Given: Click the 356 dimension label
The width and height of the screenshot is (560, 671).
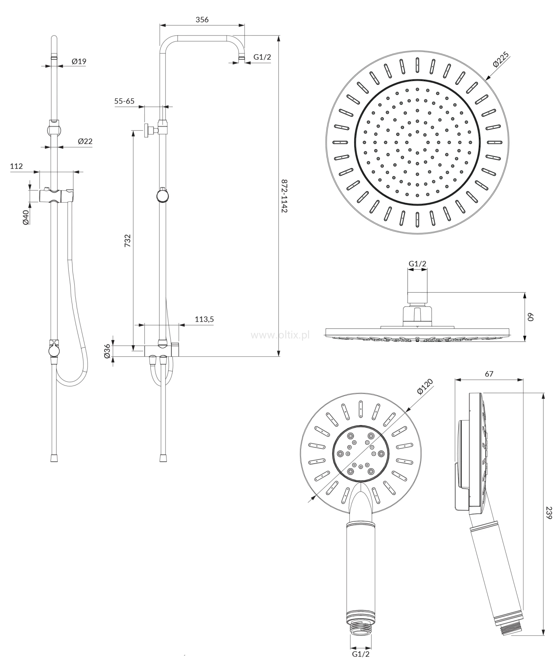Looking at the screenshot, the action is [x=202, y=20].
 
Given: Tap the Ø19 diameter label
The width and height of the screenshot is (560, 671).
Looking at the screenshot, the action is [x=79, y=61].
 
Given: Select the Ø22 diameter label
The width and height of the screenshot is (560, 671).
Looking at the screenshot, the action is [x=85, y=141].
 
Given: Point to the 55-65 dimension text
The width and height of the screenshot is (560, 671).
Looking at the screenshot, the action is [x=124, y=101].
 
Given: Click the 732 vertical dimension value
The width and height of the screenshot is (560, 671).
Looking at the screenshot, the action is [x=128, y=241].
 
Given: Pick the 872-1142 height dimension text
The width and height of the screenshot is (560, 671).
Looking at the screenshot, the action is [x=284, y=196].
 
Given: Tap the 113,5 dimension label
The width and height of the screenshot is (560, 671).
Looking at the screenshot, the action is [x=204, y=319].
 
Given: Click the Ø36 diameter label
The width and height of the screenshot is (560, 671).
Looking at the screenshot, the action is [x=108, y=351].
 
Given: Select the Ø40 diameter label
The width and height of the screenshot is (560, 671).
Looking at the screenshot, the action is [x=26, y=217].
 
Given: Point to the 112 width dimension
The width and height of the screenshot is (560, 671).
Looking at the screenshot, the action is [x=16, y=166].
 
